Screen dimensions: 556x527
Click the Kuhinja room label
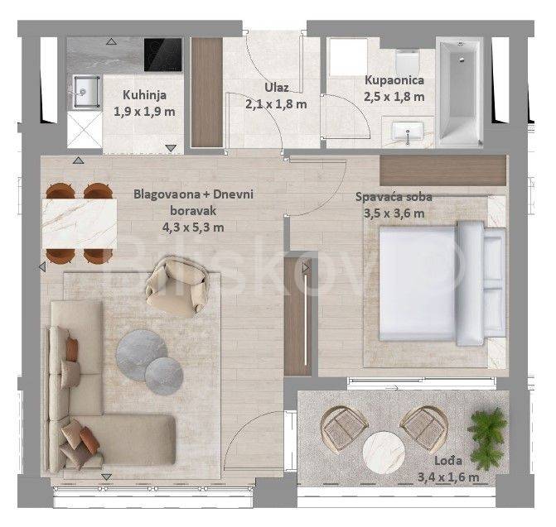(145, 95)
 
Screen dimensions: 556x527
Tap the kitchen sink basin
(86, 91)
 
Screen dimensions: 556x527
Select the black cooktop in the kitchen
(162, 55)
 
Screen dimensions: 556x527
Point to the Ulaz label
(277, 88)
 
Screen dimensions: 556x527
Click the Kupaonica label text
(394, 80)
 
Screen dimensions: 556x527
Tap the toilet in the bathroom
(407, 60)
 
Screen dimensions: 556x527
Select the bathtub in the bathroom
(459, 92)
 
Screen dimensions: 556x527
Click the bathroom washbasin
(408, 131)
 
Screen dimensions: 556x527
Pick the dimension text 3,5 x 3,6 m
(394, 213)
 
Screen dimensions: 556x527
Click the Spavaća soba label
(394, 196)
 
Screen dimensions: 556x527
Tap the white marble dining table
(80, 223)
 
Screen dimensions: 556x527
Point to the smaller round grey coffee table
(164, 376)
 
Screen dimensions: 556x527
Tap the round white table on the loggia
(384, 452)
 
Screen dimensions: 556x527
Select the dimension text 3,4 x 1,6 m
(448, 477)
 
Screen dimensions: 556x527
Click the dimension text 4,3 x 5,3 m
(193, 227)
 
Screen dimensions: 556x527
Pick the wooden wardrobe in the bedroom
(442, 170)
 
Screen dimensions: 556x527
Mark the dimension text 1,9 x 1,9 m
(144, 112)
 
